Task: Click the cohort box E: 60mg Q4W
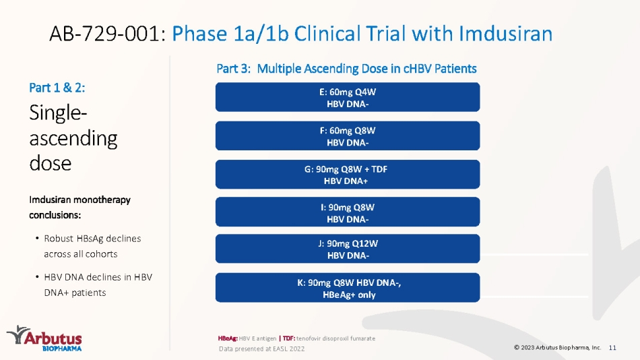[348, 97]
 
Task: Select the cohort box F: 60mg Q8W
[348, 136]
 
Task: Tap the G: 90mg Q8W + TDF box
[348, 175]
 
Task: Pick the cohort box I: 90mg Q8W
[348, 212]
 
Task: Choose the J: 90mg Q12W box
[348, 249]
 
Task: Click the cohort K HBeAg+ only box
[348, 288]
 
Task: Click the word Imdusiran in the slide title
[506, 34]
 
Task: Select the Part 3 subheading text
[346, 68]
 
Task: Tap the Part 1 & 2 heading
[57, 88]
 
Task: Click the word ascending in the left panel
[73, 139]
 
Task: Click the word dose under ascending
[51, 163]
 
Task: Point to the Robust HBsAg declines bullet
[92, 246]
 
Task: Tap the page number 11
[612, 348]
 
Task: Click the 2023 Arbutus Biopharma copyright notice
[558, 348]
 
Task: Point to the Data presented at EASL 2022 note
[261, 349]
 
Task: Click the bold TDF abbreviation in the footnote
[288, 338]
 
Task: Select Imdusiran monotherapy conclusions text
[80, 207]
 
